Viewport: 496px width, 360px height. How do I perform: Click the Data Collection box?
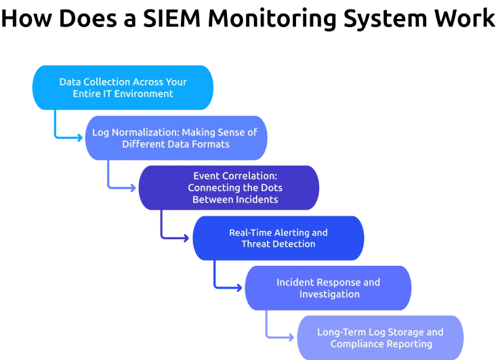[x=123, y=88]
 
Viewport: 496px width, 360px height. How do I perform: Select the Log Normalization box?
[x=175, y=138]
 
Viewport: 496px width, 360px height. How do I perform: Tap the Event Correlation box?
[x=228, y=187]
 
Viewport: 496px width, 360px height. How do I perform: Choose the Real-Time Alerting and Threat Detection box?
[x=278, y=238]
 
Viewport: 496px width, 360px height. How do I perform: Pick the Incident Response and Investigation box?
[x=328, y=288]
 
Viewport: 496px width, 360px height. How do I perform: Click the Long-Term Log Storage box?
[x=381, y=338]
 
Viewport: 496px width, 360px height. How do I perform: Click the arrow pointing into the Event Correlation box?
[x=119, y=188]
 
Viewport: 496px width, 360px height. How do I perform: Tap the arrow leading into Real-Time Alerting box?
[x=173, y=238]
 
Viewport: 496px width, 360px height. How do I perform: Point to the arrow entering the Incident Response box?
[x=227, y=288]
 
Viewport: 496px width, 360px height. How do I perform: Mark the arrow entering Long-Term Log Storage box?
[x=280, y=338]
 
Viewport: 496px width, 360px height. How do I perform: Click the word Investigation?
[x=328, y=294]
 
